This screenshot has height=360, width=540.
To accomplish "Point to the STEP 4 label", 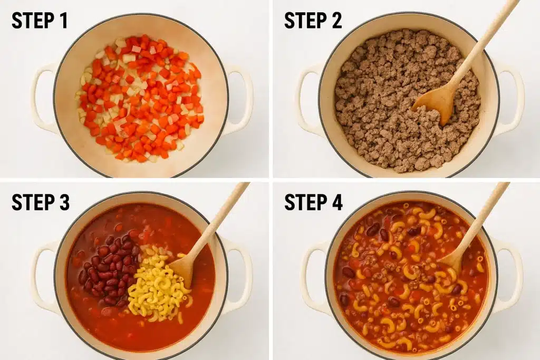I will pyautogui.click(x=313, y=202).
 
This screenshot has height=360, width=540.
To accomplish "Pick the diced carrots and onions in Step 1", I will pyautogui.click(x=140, y=98).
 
